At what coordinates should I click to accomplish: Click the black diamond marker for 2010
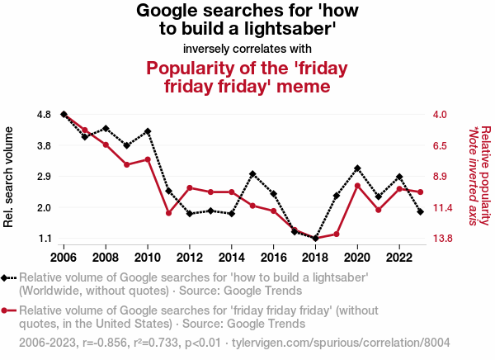click(148, 131)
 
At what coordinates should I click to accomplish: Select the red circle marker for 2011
click(168, 213)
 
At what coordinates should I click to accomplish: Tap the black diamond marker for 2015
click(252, 174)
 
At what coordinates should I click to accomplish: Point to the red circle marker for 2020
click(357, 186)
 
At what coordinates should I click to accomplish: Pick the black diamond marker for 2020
click(357, 168)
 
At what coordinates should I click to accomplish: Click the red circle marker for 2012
click(190, 188)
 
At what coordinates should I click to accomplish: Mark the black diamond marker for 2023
click(421, 212)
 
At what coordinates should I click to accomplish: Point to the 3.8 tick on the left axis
click(45, 145)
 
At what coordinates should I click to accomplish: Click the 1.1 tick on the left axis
click(45, 239)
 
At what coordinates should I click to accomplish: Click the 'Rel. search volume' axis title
click(10, 177)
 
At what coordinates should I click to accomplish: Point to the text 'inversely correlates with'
click(247, 48)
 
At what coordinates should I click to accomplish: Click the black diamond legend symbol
click(7, 278)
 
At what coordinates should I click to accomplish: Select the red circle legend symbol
click(7, 310)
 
